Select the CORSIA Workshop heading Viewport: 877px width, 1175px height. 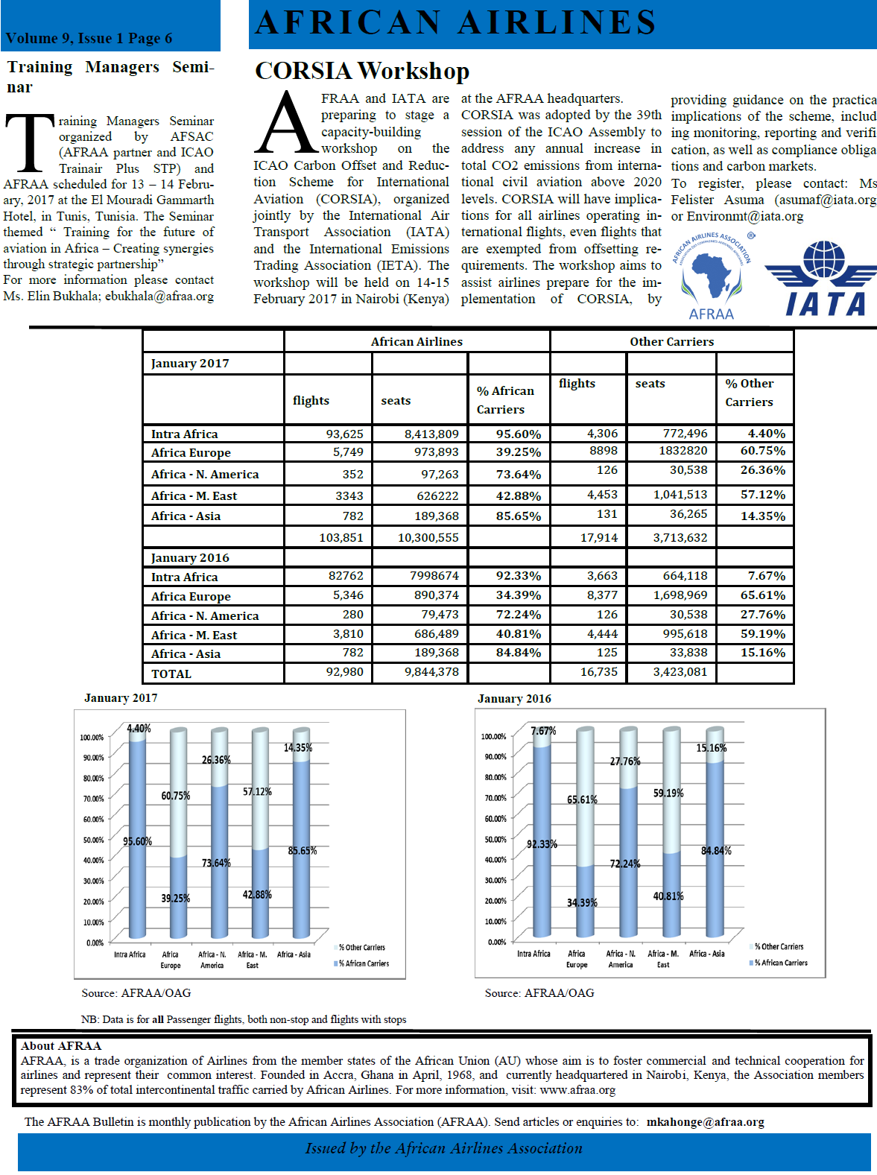tap(362, 71)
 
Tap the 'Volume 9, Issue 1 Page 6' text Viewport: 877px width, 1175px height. tap(89, 38)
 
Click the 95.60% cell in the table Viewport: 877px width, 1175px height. tap(518, 434)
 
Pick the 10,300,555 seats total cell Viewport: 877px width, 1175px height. tap(428, 537)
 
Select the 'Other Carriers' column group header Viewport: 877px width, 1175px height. tap(671, 341)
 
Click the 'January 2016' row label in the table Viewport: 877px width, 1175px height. tap(190, 557)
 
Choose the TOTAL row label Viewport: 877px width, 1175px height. tap(171, 674)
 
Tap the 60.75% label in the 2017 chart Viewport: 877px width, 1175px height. tap(176, 796)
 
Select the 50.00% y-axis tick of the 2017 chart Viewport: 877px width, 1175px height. tap(93, 840)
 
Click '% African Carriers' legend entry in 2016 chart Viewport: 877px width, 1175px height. tap(780, 963)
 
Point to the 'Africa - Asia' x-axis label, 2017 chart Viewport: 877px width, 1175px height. tap(294, 954)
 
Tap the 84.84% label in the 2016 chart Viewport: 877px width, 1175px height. tap(716, 851)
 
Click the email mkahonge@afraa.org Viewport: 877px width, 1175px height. tap(705, 1121)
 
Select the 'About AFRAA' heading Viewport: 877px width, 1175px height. tap(61, 1045)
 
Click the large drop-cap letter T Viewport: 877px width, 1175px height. tap(30, 144)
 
